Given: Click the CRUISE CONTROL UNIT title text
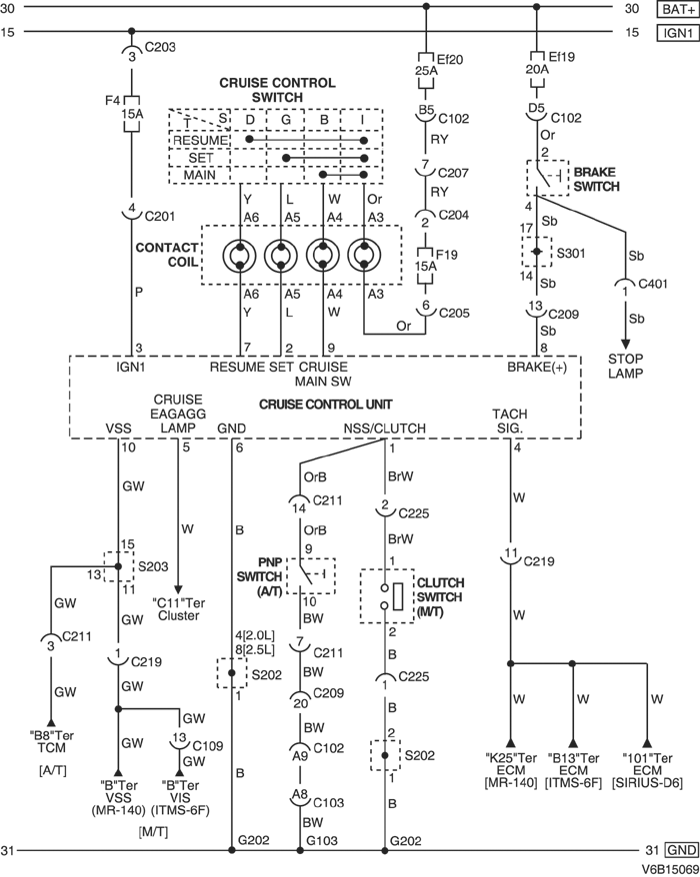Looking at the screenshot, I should (325, 404).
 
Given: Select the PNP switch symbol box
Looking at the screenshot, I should (311, 576).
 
